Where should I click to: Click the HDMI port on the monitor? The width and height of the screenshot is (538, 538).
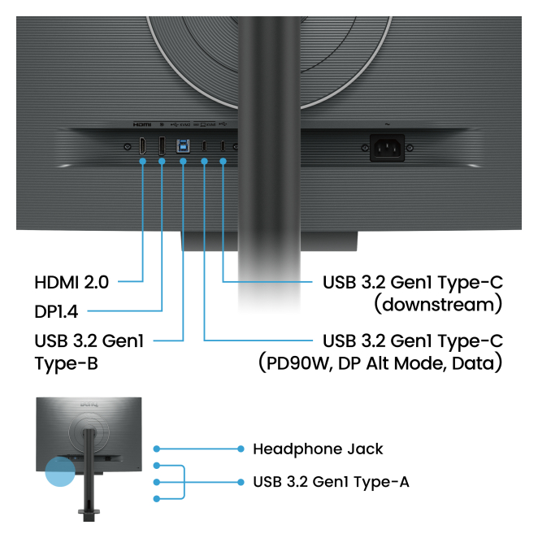click(x=142, y=147)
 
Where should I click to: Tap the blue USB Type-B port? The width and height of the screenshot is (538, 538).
click(x=183, y=147)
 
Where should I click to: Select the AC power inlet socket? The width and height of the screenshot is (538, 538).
click(x=386, y=147)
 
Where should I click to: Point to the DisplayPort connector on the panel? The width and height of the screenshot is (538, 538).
click(x=162, y=147)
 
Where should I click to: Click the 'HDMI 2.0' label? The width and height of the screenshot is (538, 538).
click(x=72, y=283)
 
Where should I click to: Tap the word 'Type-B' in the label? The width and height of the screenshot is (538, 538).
click(x=66, y=363)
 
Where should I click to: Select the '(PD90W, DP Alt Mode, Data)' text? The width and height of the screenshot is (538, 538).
click(x=379, y=362)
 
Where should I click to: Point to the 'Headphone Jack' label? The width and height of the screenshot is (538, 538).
click(x=318, y=449)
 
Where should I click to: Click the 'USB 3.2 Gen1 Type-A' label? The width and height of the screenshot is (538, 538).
click(x=331, y=482)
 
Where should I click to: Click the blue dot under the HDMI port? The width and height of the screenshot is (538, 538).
click(x=142, y=161)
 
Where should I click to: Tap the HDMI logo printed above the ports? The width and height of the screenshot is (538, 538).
click(x=142, y=125)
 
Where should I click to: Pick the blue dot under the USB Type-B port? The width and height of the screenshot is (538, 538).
click(x=183, y=161)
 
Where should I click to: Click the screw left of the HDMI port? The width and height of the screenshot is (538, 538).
click(x=126, y=147)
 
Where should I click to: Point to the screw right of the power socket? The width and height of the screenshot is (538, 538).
click(x=410, y=147)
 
